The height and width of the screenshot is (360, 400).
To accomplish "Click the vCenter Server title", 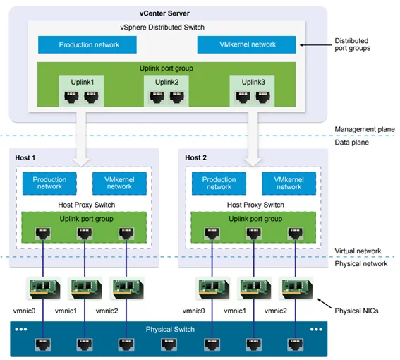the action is pos(164,13).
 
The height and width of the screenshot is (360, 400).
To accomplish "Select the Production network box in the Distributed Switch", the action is pos(87,44).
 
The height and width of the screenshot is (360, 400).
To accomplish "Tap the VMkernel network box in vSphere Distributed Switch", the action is pos(246,44).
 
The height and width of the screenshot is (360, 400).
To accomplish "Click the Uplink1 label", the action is pos(83,82).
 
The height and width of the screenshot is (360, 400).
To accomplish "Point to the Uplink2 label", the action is pos(166,82).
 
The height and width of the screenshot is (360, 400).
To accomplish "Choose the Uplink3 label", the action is pos(253,82).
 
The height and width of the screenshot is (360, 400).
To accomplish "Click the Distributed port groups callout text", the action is pos(352,44).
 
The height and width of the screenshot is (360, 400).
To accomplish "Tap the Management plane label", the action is pos(365,129).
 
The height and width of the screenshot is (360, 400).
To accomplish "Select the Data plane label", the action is pos(351,143).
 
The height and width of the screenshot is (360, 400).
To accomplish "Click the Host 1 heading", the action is pos(25,158).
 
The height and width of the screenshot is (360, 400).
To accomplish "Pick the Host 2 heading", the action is pos(195,158).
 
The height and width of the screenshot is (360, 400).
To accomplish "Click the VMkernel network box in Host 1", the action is pos(119,184).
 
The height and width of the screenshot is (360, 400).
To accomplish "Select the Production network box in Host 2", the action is pos(219,184).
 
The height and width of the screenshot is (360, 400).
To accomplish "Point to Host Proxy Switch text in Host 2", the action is pos(255,205).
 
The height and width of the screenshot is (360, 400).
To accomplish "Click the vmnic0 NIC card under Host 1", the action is pos(44,289).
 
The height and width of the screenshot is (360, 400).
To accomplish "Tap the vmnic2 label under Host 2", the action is pos(276,311).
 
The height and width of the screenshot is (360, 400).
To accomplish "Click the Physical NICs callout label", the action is pos(356,311).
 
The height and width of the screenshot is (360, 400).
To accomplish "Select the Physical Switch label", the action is pos(170,330).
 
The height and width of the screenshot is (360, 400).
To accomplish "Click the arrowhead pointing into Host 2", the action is pos(253,162).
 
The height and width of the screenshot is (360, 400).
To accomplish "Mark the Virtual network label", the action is pos(358,251).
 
